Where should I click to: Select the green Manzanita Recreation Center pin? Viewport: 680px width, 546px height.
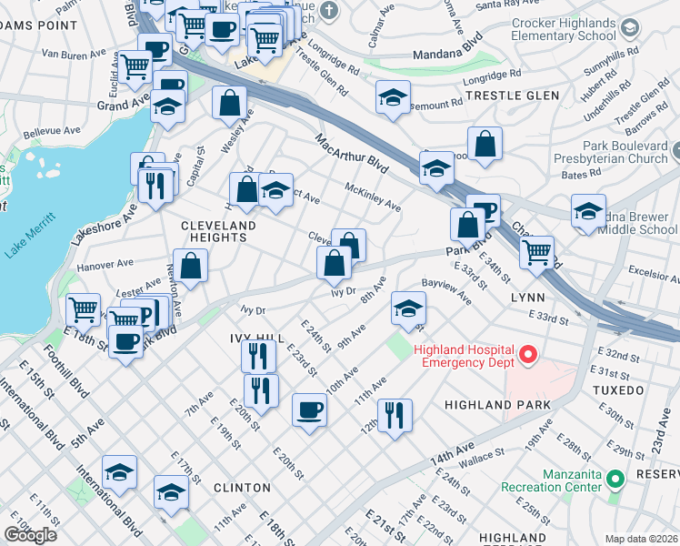[x=615, y=478]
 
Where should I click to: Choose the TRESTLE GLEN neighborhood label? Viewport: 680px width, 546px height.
[x=503, y=95]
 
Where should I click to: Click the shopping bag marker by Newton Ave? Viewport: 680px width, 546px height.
[x=191, y=266]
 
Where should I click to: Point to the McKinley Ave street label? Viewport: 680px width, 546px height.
[x=373, y=196]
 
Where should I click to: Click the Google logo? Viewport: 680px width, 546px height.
[x=30, y=534]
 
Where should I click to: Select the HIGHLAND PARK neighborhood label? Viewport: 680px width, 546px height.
[x=497, y=404]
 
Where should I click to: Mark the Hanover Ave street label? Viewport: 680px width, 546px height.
[x=106, y=266]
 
